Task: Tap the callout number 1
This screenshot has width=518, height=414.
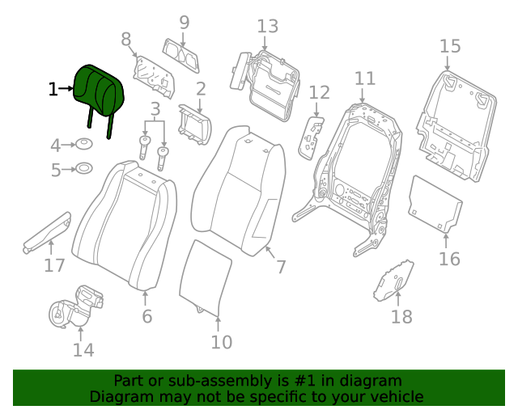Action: click(x=53, y=89)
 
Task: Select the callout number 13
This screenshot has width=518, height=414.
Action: click(x=267, y=27)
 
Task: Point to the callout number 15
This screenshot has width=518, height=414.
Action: click(x=449, y=46)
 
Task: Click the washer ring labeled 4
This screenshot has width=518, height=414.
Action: click(x=83, y=146)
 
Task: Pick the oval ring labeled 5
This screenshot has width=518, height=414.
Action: click(x=83, y=170)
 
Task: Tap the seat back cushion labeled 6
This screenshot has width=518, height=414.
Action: click(x=125, y=226)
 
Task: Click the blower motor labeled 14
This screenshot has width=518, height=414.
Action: click(x=77, y=307)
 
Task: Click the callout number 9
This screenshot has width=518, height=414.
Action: click(x=184, y=23)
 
